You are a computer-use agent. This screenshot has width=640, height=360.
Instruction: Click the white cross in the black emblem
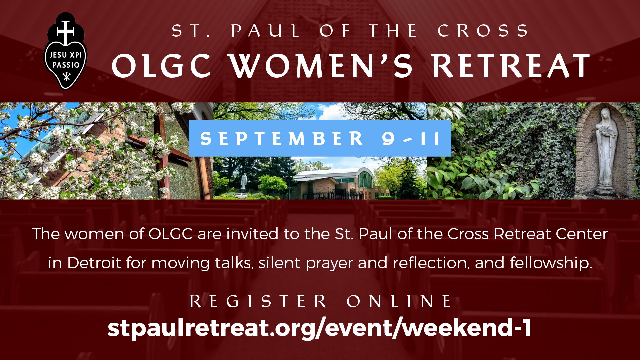pos(65,31)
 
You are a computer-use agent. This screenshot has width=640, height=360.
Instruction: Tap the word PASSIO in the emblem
pos(66,65)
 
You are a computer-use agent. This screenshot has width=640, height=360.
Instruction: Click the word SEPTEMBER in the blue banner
pos(282,138)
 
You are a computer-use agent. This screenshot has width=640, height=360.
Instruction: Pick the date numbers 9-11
pos(411,138)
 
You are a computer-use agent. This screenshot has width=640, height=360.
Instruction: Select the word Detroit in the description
pos(94,263)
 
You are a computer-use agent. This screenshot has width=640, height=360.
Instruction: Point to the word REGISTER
pos(258,301)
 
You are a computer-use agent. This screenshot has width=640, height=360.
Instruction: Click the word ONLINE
pos(399,301)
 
